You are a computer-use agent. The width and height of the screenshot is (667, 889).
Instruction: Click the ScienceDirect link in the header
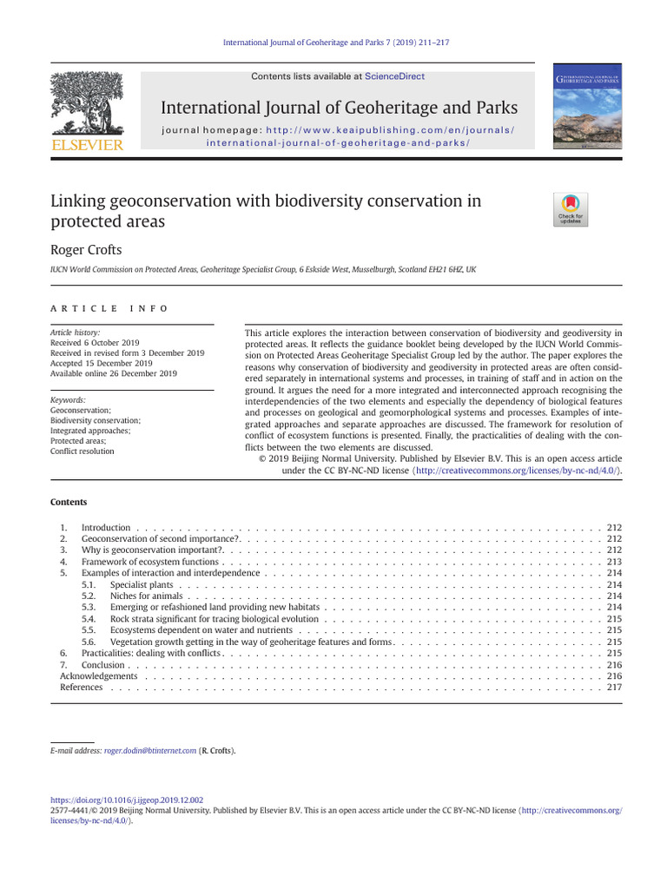point(394,76)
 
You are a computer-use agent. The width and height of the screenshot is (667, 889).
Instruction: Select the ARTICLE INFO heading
point(109,308)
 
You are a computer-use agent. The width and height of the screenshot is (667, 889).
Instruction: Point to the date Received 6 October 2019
point(95,342)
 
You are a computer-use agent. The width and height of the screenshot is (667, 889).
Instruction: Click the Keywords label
point(68,399)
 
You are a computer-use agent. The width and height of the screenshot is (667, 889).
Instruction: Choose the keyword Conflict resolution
point(82,451)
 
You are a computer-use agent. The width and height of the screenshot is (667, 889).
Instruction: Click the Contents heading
point(69,502)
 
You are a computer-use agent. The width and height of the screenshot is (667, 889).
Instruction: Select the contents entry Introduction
point(106,528)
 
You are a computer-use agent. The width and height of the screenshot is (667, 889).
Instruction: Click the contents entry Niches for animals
point(147,596)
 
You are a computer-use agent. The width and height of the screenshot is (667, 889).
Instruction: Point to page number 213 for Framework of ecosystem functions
point(614,563)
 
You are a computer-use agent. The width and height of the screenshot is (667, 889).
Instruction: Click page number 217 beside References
point(614,688)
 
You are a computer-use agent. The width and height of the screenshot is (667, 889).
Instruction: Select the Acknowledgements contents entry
point(98,676)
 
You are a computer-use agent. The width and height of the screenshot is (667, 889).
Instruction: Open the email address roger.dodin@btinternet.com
point(149,750)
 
